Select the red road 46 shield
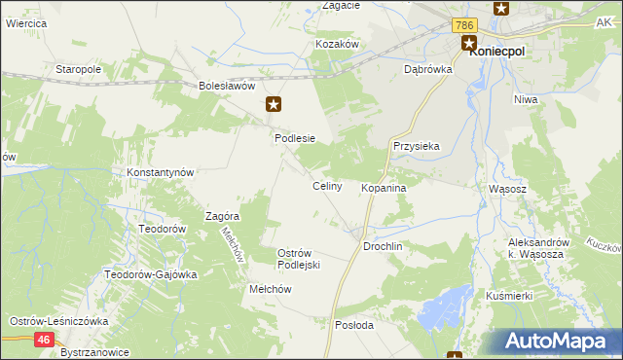44,340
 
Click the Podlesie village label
295,138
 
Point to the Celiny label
326,186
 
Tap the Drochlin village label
383,247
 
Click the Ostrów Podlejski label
300,259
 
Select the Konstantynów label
162,172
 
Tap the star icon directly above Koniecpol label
468,43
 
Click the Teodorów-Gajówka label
151,274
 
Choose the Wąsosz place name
507,189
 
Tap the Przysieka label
417,146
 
